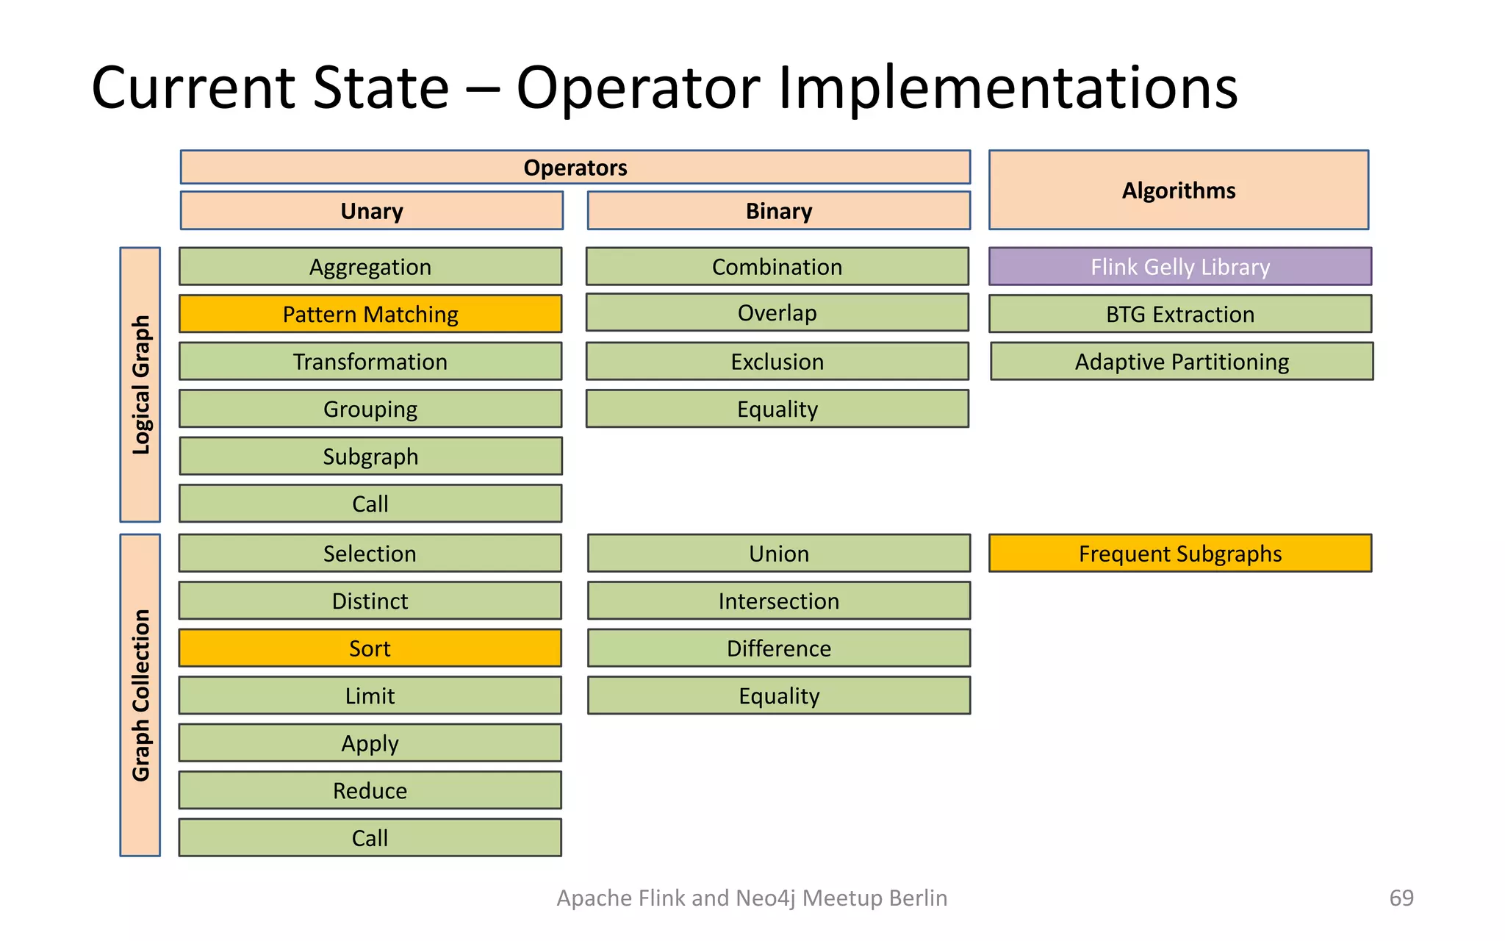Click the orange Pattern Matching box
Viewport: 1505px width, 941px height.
pyautogui.click(x=370, y=314)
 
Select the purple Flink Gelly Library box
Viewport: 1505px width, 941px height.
pyautogui.click(x=1179, y=266)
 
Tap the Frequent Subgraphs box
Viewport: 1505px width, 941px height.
pyautogui.click(x=1179, y=553)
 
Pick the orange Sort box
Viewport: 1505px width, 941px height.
pyautogui.click(x=370, y=648)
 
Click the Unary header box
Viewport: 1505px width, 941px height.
pyautogui.click(x=371, y=211)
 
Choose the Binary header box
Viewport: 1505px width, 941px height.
pyautogui.click(x=778, y=211)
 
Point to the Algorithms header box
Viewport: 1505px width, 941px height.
pyautogui.click(x=1178, y=190)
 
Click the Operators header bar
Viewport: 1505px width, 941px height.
pyautogui.click(x=575, y=168)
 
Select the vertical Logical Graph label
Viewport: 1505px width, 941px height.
pyautogui.click(x=140, y=384)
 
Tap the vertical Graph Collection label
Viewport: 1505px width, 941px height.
pyautogui.click(x=140, y=695)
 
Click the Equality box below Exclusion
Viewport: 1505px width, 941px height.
pyautogui.click(x=777, y=409)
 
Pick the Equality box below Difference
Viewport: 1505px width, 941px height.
pyautogui.click(x=778, y=695)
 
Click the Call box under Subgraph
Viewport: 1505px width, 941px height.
pyautogui.click(x=370, y=504)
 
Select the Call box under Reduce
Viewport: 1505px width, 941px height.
pyautogui.click(x=370, y=837)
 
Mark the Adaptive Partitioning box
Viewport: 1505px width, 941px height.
pyautogui.click(x=1181, y=361)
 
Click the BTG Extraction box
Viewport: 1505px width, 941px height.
pyautogui.click(x=1179, y=314)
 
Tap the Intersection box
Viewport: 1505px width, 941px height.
pyautogui.click(x=778, y=601)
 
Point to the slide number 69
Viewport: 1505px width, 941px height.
pyautogui.click(x=1401, y=898)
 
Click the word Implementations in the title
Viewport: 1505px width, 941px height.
pyautogui.click(x=1007, y=88)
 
